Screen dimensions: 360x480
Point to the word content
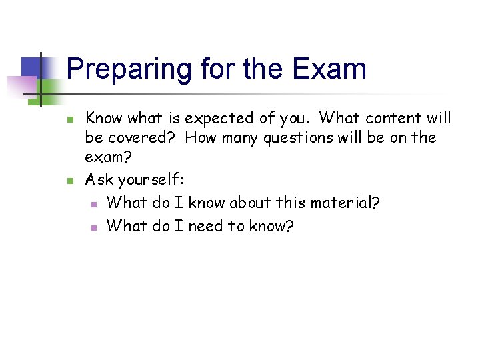pyautogui.click(x=386, y=118)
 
